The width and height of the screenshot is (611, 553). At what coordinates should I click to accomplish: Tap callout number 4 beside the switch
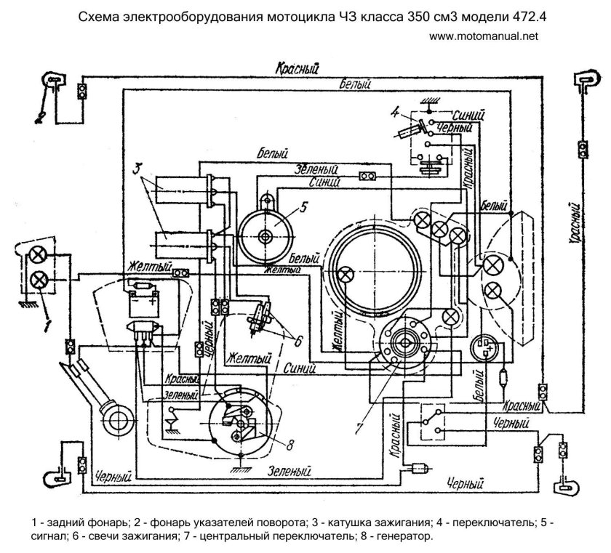click(x=394, y=113)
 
